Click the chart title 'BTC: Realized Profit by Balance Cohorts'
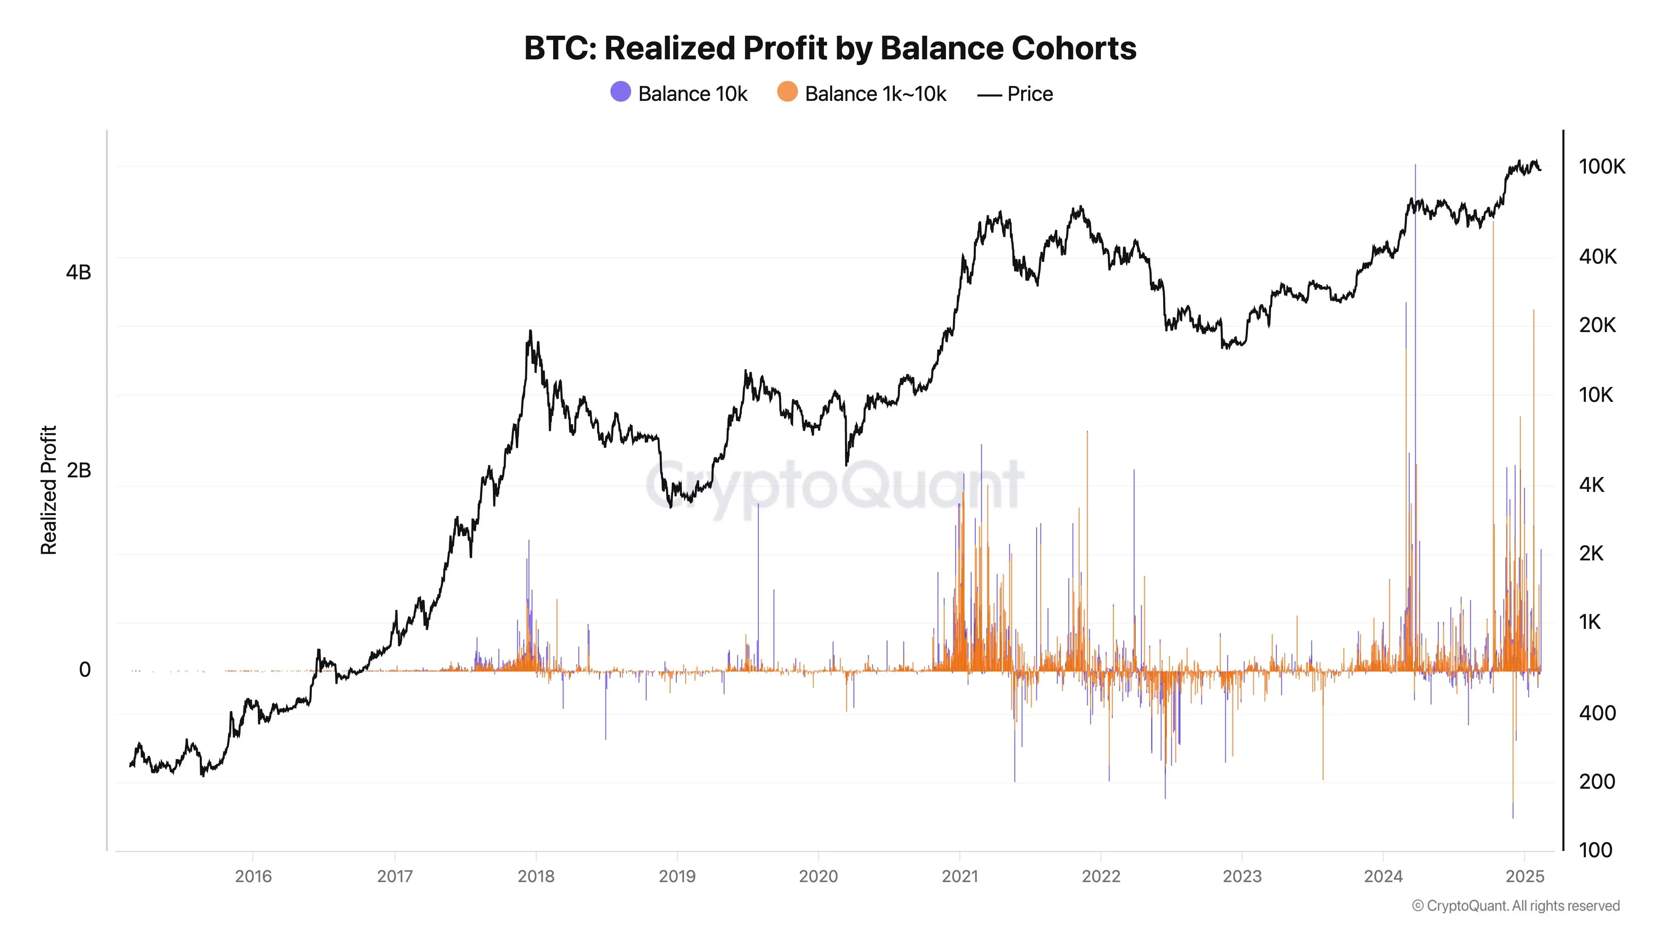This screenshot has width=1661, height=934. point(830,48)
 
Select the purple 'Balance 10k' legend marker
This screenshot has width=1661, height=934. point(620,92)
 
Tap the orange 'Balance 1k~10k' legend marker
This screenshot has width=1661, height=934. point(787,92)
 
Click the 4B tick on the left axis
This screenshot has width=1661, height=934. point(78,273)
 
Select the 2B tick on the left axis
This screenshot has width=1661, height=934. point(78,471)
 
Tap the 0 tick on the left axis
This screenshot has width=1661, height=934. point(84,670)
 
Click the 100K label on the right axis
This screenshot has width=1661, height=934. point(1602,166)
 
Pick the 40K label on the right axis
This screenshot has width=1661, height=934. point(1598,257)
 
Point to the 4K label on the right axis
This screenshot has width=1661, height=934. point(1591,485)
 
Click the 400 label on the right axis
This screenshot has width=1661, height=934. point(1597,713)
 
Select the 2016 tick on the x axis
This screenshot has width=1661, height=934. point(253,876)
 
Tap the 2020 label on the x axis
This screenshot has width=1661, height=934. point(818,876)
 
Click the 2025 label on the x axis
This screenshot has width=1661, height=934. point(1524,876)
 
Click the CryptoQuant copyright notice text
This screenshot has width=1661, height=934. point(1515,906)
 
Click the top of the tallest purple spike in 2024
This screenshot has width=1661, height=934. point(1415,166)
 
